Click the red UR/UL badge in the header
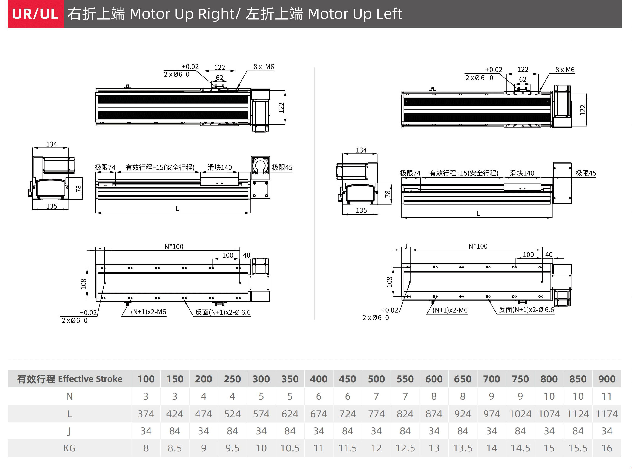tap(36, 14)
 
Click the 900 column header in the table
tap(607, 379)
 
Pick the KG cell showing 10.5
tap(290, 448)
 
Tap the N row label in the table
tap(70, 396)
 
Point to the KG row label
tap(70, 448)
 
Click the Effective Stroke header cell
tap(70, 379)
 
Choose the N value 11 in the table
tap(607, 396)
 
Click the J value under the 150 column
tap(175, 431)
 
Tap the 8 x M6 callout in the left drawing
tap(264, 67)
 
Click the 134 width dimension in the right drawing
tap(361, 150)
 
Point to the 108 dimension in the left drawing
tap(83, 284)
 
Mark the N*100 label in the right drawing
tap(478, 246)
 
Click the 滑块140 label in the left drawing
tap(220, 167)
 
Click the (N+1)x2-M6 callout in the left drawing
tap(148, 312)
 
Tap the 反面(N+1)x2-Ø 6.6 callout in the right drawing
tap(526, 310)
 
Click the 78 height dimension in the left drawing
tap(79, 188)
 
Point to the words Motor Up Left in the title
tap(355, 14)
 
